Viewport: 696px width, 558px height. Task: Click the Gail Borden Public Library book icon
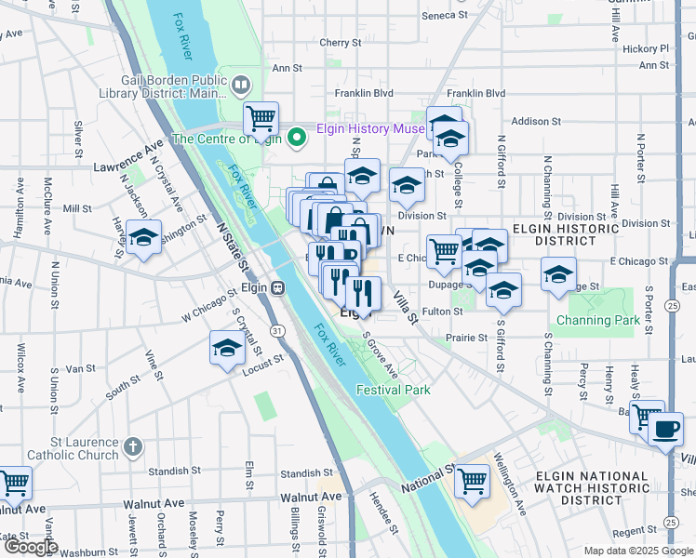241,86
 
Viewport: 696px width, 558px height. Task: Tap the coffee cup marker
665,430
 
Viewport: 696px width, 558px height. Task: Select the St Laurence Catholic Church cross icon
132,447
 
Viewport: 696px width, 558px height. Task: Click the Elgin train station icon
277,288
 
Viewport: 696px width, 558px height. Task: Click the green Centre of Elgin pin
298,139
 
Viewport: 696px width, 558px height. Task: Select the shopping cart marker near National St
473,481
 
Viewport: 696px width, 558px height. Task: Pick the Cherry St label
340,43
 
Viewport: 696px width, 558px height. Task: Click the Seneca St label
445,16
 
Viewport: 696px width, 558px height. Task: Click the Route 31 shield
277,330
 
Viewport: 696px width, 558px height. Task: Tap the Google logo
30,547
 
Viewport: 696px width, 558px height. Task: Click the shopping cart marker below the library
261,118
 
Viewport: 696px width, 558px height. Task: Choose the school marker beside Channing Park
558,274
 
